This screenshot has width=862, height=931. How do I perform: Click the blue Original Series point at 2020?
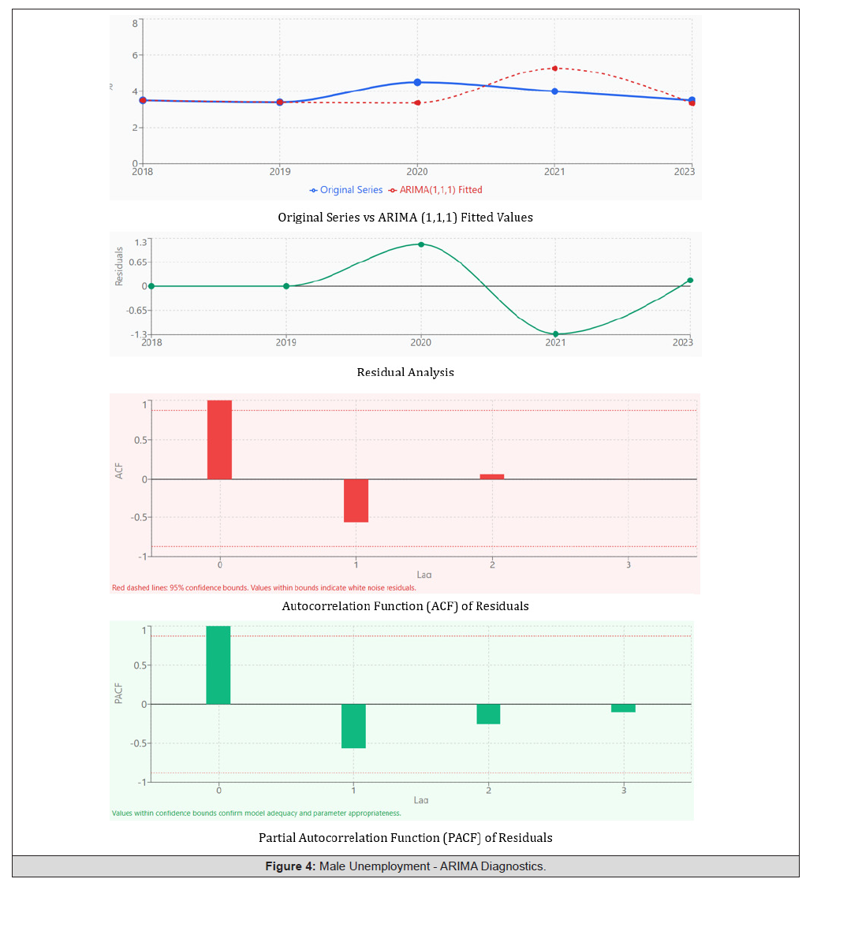417,83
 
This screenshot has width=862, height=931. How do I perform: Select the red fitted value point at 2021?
554,69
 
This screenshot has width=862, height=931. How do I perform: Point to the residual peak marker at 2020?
421,244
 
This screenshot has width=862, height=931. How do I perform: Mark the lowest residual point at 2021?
555,334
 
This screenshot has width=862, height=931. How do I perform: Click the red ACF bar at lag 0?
219,440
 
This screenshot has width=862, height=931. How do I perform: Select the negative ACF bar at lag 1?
356,501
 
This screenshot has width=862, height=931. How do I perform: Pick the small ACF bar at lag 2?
492,476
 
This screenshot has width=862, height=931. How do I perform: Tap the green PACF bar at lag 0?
218,665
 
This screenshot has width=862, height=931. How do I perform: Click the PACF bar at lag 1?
353,726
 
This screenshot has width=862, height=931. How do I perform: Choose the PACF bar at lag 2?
488,714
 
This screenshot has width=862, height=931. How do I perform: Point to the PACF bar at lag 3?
623,708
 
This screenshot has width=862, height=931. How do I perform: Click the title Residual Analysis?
405,372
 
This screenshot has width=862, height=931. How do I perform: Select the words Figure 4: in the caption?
289,866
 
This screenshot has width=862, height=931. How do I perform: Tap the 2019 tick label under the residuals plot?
286,342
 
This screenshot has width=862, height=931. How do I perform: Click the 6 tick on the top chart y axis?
135,55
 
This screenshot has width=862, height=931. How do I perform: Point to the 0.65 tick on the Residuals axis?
137,263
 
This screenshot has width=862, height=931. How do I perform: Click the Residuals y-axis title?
119,266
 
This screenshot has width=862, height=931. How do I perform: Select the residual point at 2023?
690,280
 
